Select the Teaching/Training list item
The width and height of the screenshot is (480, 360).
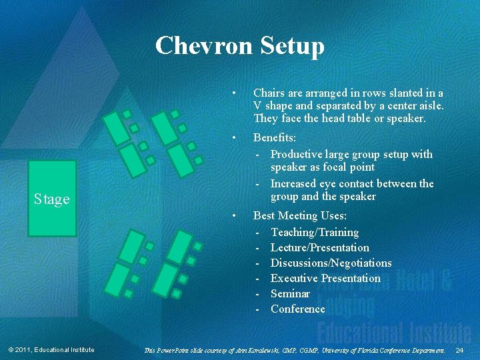(x=315, y=232)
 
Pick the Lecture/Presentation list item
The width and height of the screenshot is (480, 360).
(x=320, y=247)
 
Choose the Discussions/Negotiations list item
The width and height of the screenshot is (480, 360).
(x=331, y=263)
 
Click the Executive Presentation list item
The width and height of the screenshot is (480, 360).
(x=325, y=278)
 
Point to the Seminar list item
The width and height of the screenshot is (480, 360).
(x=290, y=293)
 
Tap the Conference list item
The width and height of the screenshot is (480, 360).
(x=298, y=309)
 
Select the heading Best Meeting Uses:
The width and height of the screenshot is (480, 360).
(x=299, y=215)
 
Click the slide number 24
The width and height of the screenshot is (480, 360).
(x=460, y=350)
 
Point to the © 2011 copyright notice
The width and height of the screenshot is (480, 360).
(x=51, y=350)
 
